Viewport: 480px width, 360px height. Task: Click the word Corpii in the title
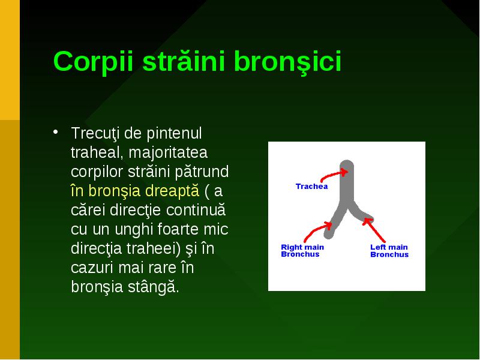[94, 62]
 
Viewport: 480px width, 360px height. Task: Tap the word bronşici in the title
[287, 61]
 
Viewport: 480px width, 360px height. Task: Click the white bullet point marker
[55, 132]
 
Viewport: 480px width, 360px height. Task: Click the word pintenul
[174, 133]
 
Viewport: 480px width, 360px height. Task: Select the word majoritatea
[168, 152]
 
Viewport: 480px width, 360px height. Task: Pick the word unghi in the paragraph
[133, 230]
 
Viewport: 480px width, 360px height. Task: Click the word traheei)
[154, 248]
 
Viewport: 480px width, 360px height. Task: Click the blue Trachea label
[311, 187]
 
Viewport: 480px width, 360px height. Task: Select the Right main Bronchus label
[302, 251]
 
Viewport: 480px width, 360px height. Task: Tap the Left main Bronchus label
[389, 251]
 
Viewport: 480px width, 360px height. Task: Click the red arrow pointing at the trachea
[332, 175]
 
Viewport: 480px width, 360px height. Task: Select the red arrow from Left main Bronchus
[374, 230]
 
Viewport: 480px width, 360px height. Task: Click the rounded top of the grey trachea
[347, 164]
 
